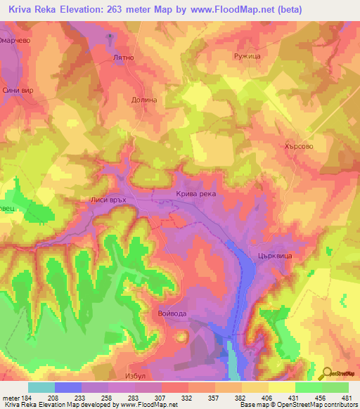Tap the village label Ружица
click(245, 53)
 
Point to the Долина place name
click(144, 100)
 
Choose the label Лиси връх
click(108, 200)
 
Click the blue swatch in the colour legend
click(67, 387)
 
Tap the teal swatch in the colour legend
click(41, 387)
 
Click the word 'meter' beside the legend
click(11, 398)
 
